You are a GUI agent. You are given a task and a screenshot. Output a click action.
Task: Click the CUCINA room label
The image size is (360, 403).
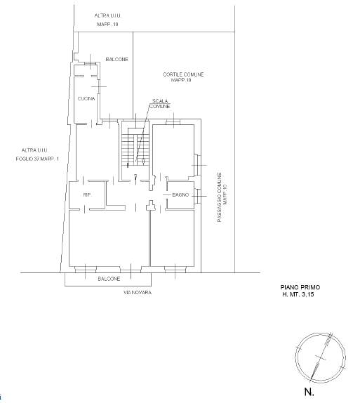point(86,98)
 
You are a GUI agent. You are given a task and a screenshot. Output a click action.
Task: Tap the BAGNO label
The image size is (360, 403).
point(180,194)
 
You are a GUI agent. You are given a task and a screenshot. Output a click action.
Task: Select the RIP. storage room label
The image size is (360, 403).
point(87,195)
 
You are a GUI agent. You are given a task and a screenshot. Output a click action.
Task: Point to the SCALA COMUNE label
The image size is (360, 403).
point(160,104)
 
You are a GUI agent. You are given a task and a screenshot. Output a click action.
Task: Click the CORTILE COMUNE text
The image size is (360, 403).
point(183,74)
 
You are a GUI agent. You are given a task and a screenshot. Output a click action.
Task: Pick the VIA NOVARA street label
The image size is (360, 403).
point(138,292)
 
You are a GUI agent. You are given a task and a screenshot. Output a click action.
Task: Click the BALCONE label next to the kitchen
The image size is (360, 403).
point(117,60)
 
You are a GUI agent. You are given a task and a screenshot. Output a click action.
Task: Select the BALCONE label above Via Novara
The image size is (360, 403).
point(109,279)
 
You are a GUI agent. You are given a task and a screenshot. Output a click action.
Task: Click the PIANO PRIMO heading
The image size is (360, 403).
point(300,287)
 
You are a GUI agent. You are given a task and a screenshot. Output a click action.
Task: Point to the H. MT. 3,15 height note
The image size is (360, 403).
point(298,295)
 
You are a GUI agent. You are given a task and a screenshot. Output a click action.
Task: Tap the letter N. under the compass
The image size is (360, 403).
point(309,392)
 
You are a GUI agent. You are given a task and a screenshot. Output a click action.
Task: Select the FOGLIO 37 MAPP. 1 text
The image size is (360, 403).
point(37,159)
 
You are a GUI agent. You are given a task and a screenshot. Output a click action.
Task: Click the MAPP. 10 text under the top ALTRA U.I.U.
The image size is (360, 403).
point(107,25)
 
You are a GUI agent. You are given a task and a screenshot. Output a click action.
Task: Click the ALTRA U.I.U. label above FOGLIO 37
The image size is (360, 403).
point(35,150)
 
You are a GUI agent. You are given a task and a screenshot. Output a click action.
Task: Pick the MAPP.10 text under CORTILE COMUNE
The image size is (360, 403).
point(181,80)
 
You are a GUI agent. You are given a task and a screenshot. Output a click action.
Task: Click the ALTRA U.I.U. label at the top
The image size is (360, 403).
point(108,15)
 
